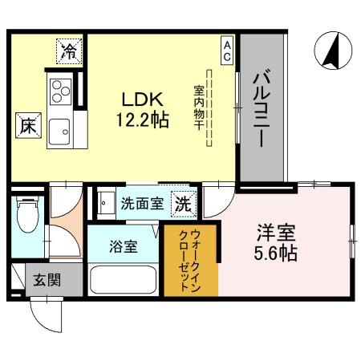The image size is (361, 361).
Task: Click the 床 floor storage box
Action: point(26,126)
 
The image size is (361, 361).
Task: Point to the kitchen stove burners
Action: point(61,92)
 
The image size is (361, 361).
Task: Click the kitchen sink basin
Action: point(59,128)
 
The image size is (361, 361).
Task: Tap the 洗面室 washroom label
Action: point(141,203)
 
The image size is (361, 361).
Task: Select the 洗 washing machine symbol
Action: point(184,203)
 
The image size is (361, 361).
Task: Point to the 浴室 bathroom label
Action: point(124,246)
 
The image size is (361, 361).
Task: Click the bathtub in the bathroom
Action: point(124,280)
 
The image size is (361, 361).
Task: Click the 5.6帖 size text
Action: point(277,254)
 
